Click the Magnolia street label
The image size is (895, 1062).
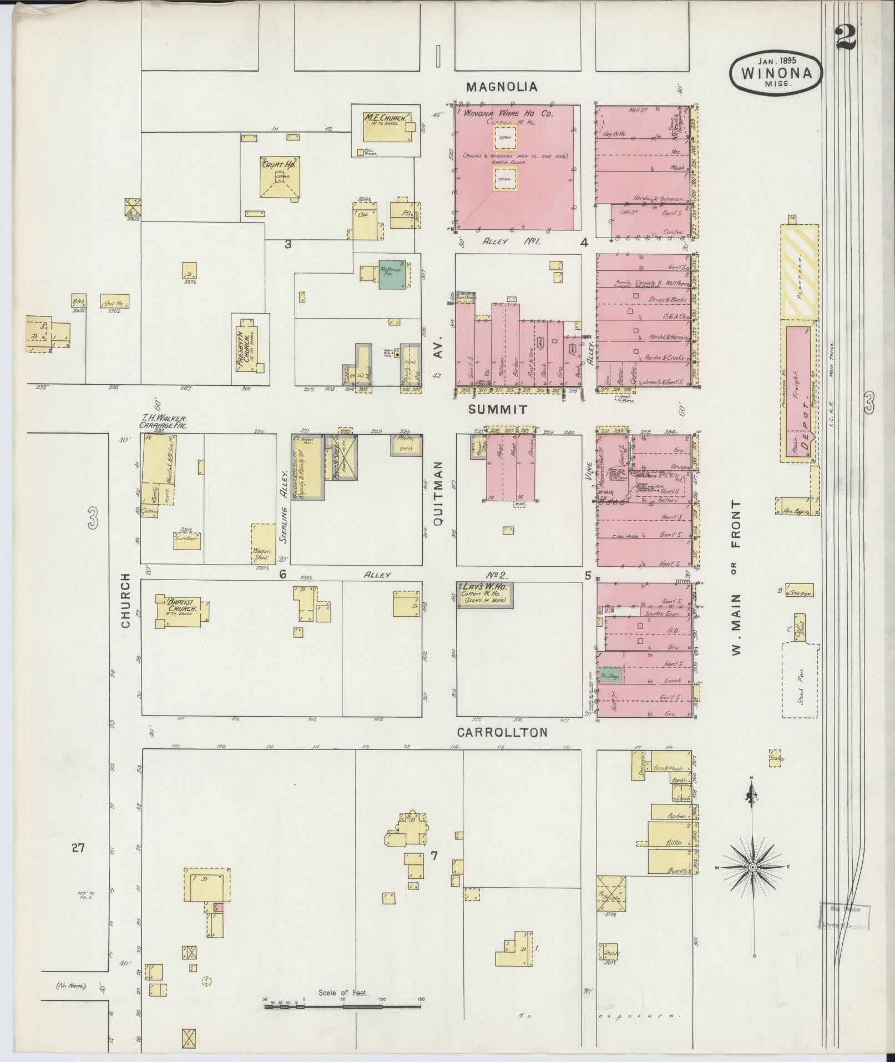point(502,87)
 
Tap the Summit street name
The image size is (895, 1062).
point(497,410)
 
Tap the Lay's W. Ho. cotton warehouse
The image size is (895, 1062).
point(484,594)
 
